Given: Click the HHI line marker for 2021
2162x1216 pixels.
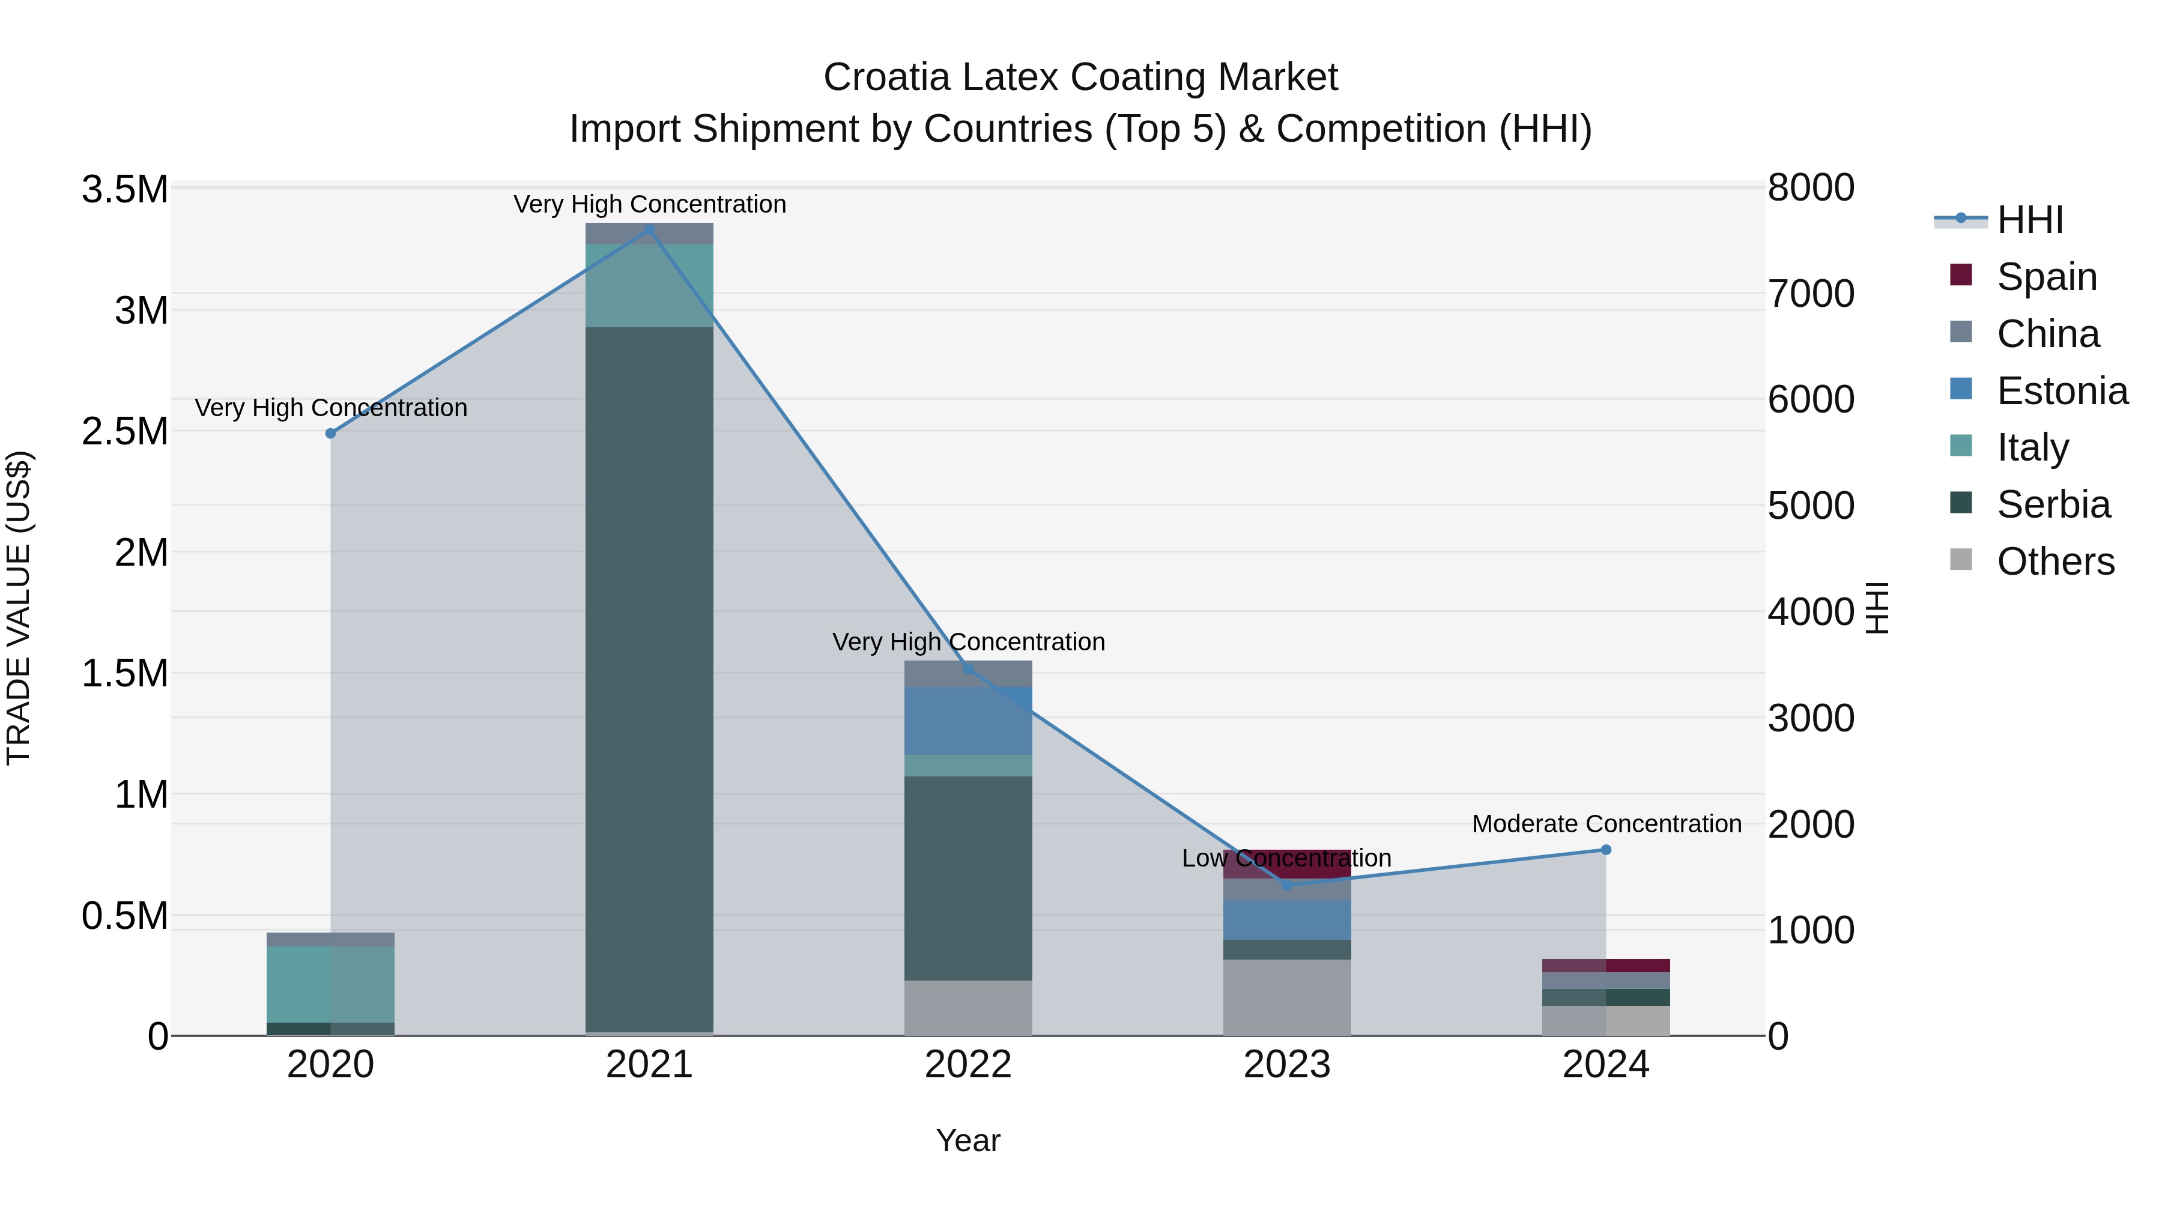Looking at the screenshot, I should point(649,229).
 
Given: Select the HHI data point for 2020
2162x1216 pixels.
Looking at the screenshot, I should point(331,433).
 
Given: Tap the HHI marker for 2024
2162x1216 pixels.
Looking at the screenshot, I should point(1605,849).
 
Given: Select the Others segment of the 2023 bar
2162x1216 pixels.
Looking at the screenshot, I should point(1286,997).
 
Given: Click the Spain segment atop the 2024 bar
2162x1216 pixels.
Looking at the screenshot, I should point(1605,965).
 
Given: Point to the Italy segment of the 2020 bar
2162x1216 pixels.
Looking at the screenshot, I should point(331,984).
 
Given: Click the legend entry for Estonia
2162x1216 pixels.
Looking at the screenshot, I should point(2061,391).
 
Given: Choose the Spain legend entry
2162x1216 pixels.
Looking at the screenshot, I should point(2046,277).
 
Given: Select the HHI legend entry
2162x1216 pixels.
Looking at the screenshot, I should point(2029,220).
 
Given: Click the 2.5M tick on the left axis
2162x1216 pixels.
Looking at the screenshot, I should point(124,431).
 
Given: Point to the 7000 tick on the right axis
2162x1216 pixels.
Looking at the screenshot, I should point(1810,294).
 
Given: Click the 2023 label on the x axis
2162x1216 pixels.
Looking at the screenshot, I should point(1286,1065).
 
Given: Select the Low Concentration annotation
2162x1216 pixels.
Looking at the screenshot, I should point(1286,858).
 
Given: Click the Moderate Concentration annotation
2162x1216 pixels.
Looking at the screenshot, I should point(1605,823).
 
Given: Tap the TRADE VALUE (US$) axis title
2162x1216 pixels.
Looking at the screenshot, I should point(19,608).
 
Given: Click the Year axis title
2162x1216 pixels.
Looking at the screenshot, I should point(967,1140).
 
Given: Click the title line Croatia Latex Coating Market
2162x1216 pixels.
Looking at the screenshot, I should point(1080,77).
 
